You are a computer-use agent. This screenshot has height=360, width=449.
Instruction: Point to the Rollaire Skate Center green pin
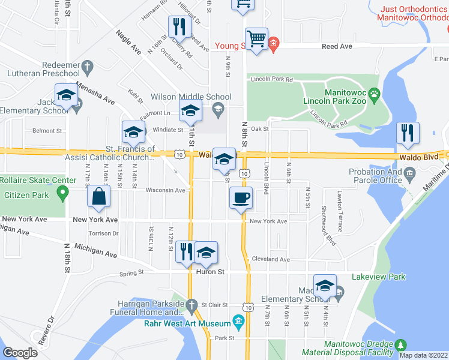click(61, 193)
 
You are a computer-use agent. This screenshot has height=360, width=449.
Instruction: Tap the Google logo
click(20, 353)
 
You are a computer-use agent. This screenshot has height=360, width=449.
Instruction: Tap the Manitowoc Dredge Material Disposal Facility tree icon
click(400, 344)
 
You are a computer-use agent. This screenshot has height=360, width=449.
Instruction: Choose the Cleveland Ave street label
click(270, 259)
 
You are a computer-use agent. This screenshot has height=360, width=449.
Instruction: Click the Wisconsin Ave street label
click(165, 190)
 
